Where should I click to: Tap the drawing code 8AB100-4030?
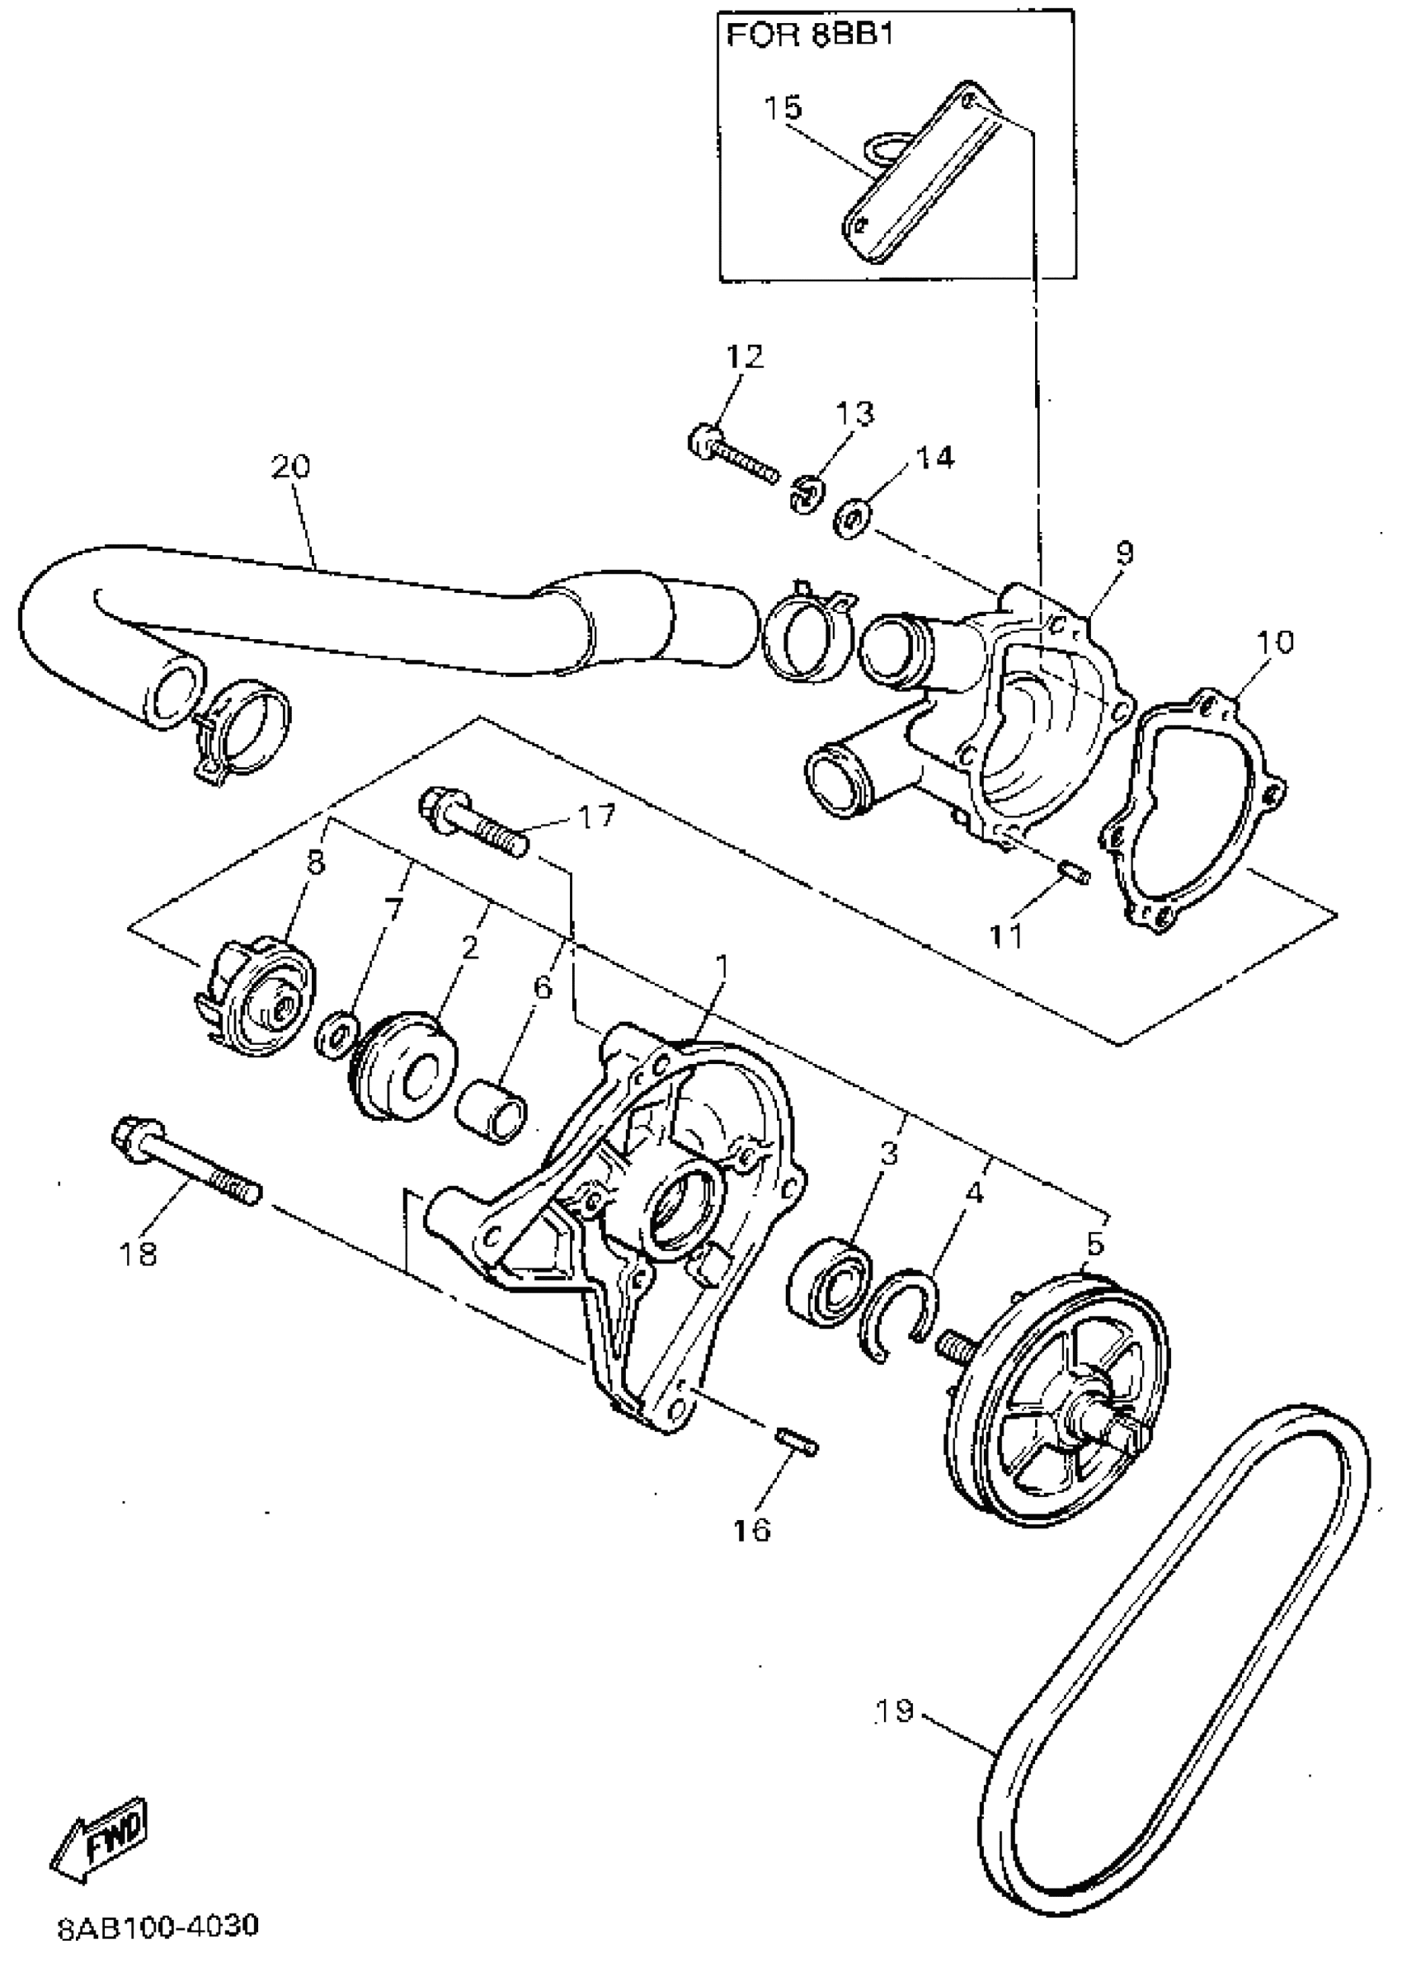pyautogui.click(x=158, y=1927)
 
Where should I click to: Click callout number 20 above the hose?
pyautogui.click(x=290, y=466)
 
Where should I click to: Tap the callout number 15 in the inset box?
pyautogui.click(x=783, y=108)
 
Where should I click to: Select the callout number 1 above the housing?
pyautogui.click(x=721, y=966)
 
